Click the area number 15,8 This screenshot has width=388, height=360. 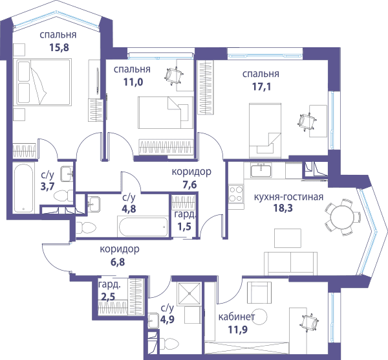point(59,47)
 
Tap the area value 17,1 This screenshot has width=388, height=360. point(261,87)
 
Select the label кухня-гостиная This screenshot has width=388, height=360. point(289,197)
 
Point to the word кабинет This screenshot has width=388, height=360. point(237,317)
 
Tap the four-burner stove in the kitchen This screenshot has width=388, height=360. point(236,194)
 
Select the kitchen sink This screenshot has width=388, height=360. point(261,170)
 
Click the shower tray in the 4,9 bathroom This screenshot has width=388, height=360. point(189,293)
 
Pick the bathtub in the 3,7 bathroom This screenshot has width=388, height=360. point(23,188)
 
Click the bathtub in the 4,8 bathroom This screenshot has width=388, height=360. point(144,227)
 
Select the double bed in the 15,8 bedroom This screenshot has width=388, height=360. point(44,82)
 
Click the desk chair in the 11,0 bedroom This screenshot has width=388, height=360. point(174,75)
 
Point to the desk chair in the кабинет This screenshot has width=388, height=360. point(308,323)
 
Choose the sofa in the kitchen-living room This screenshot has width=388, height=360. point(290,264)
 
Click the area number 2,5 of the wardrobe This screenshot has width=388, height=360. point(108,297)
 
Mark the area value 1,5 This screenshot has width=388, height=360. point(184,226)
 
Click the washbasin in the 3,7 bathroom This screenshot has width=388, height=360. point(67,174)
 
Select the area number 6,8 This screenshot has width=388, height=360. point(118,262)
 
